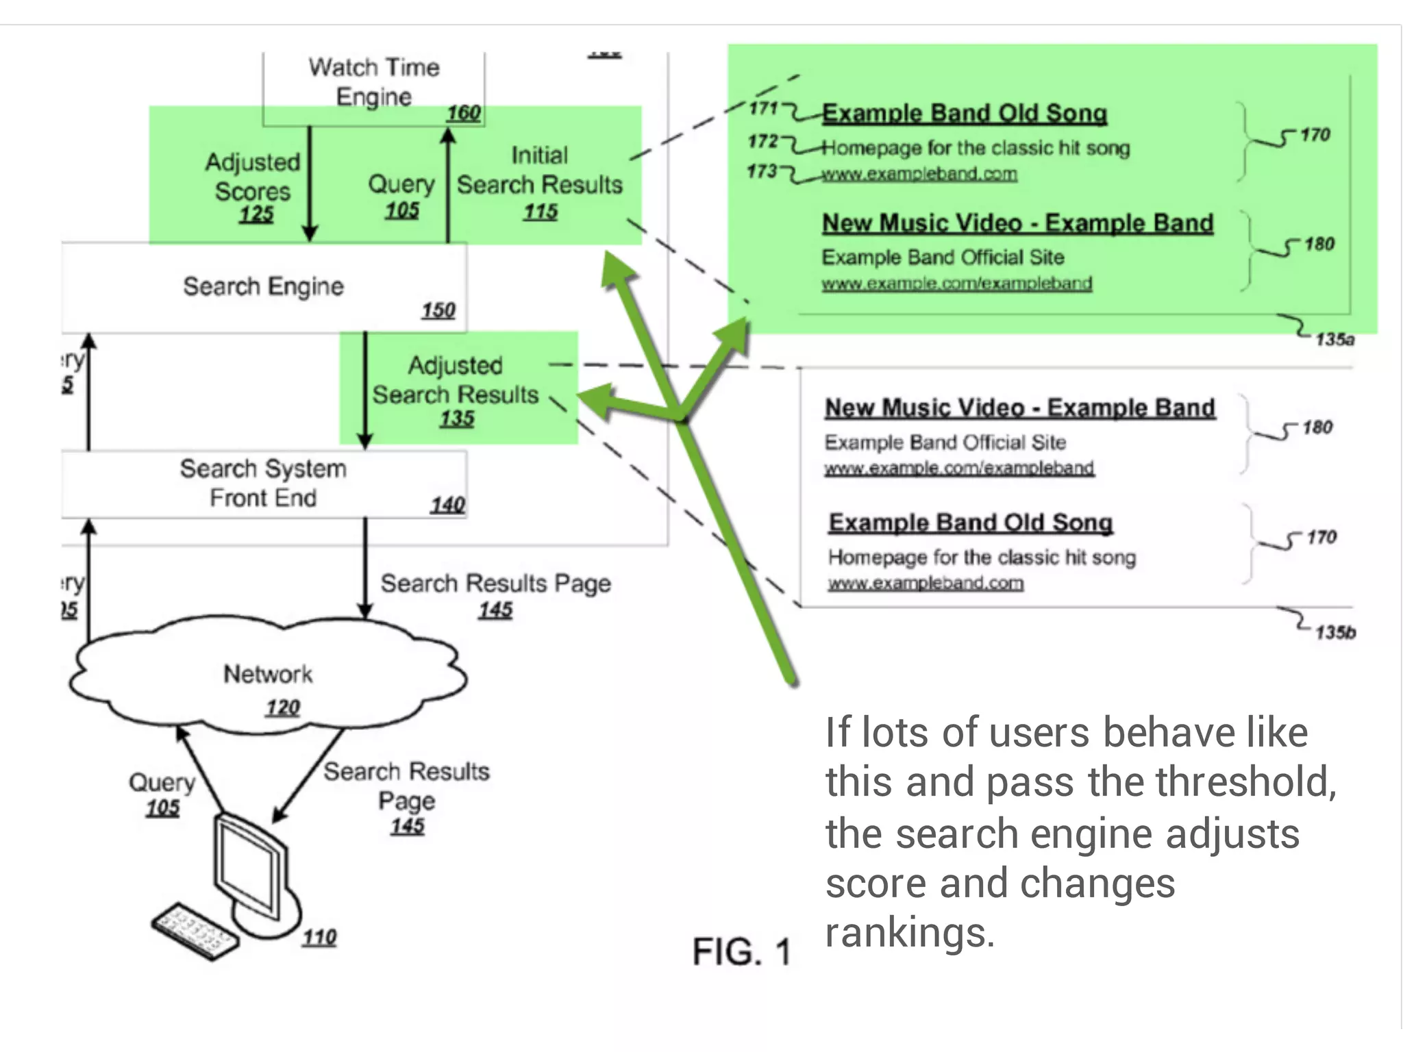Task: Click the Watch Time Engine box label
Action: tap(373, 82)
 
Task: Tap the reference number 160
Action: tap(463, 113)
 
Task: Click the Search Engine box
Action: tap(264, 286)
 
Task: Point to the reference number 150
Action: tap(438, 310)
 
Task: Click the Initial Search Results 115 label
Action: tap(539, 182)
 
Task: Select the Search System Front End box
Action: tap(264, 484)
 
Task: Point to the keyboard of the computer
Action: tap(195, 931)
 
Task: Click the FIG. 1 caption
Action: tap(741, 952)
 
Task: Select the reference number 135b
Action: tap(1334, 632)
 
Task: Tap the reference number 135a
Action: tap(1334, 340)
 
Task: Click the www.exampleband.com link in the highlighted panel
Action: tap(919, 174)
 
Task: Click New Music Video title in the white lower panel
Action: tap(1019, 408)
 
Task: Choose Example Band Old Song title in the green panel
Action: tap(964, 114)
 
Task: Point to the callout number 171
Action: tap(762, 108)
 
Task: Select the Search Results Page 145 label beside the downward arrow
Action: tap(495, 594)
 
